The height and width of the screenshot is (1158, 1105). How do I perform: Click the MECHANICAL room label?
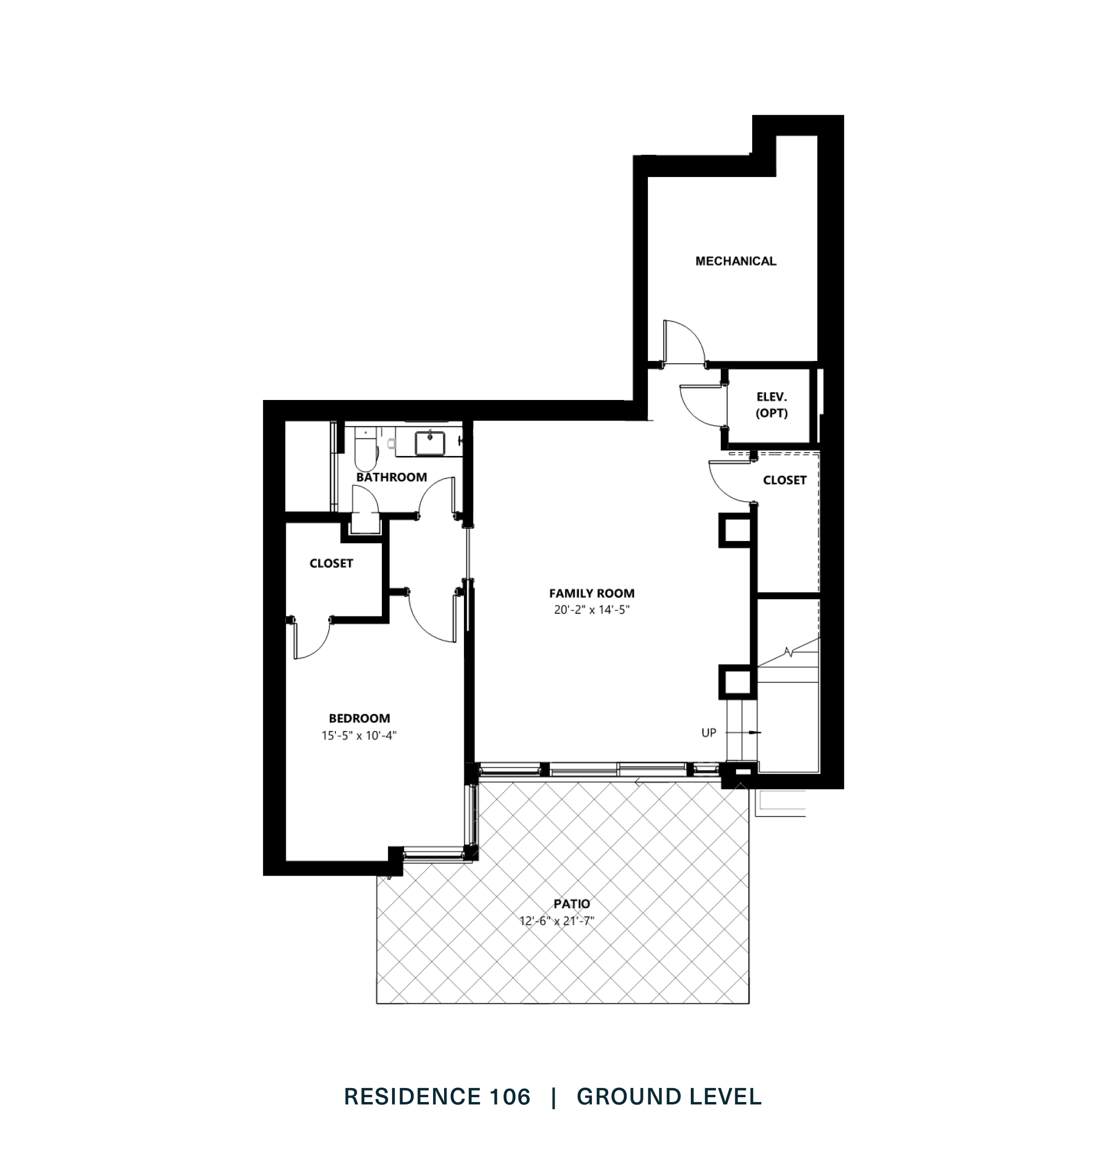click(735, 261)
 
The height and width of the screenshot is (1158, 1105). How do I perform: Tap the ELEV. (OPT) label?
click(771, 405)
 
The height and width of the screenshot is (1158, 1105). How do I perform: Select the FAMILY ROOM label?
click(591, 593)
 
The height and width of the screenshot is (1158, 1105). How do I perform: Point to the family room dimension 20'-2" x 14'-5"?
click(591, 610)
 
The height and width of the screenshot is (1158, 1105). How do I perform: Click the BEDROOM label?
click(359, 718)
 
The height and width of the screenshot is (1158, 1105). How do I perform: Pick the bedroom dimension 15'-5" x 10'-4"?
click(359, 735)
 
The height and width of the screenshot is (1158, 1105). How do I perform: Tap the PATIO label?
click(572, 904)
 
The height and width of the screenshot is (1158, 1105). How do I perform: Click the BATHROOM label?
click(391, 477)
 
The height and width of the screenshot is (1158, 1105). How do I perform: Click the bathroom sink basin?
click(430, 443)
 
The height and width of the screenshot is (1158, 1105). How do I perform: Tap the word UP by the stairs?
click(709, 733)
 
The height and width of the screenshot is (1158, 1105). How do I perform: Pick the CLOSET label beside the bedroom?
click(331, 564)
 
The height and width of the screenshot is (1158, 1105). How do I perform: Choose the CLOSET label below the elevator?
click(784, 481)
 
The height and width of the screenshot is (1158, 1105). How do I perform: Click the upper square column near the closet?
click(735, 531)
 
